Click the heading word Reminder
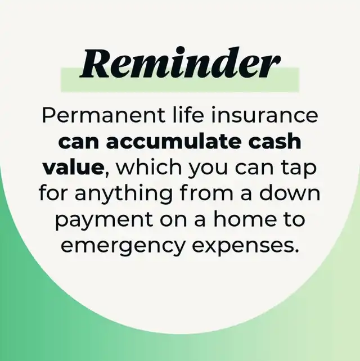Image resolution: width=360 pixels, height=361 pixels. pyautogui.click(x=180, y=63)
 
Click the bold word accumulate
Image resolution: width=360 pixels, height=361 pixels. pyautogui.click(x=173, y=141)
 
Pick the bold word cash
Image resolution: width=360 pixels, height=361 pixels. pyautogui.click(x=274, y=141)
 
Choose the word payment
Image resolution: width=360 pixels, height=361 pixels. pyautogui.click(x=104, y=220)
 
